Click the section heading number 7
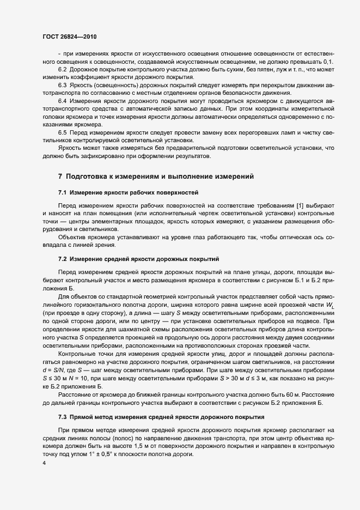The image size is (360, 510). pos(60,176)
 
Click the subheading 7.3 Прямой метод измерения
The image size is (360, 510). pos(154,417)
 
